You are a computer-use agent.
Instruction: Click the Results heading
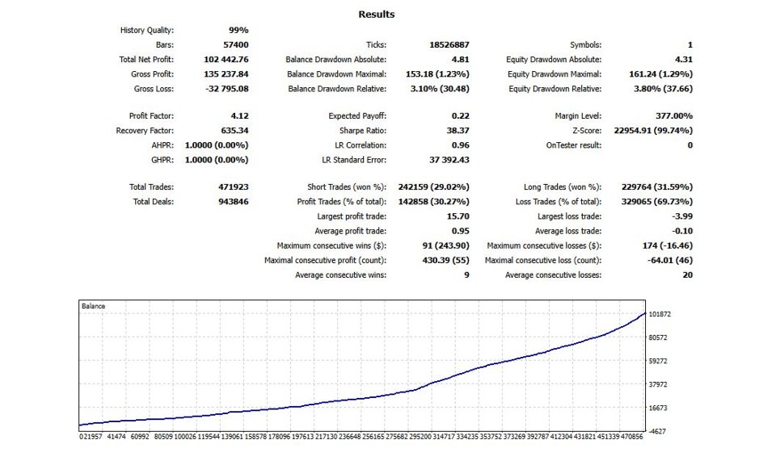tap(376, 15)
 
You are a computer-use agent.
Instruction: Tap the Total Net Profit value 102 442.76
tap(227, 60)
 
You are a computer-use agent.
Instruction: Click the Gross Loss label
tap(154, 89)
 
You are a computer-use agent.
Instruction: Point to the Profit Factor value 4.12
tap(238, 116)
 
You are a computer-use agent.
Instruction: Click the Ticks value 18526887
tap(449, 45)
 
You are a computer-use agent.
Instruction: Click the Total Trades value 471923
tap(233, 187)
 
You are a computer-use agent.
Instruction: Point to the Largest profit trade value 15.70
tap(457, 216)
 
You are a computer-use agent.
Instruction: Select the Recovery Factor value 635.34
tap(234, 131)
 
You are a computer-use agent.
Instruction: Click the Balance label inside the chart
tap(94, 307)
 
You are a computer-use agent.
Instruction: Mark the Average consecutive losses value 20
tap(687, 275)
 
